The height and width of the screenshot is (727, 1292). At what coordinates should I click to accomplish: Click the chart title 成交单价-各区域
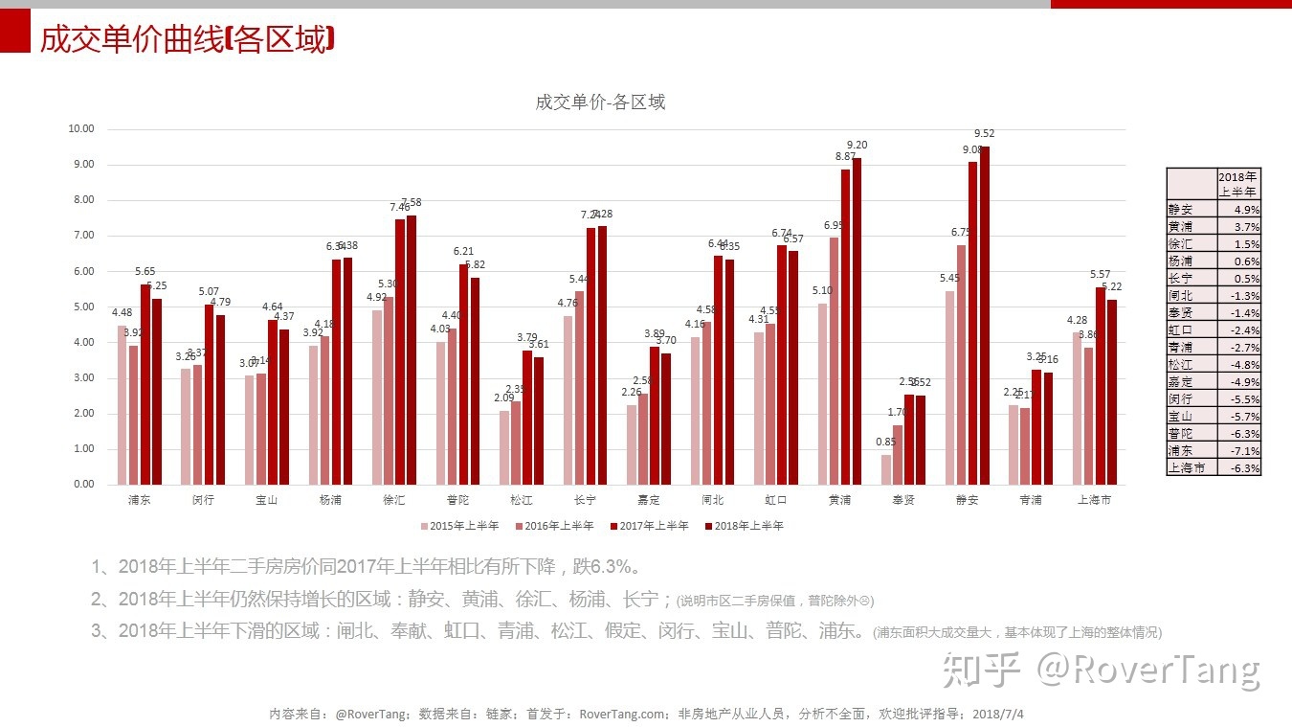(x=600, y=102)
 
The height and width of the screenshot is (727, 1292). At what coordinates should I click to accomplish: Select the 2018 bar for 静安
(x=984, y=316)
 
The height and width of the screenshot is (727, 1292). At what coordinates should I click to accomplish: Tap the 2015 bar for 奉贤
(x=886, y=469)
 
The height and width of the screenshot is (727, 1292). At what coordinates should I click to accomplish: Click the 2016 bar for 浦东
(x=134, y=415)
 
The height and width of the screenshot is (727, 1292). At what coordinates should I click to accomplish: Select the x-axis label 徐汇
(x=393, y=500)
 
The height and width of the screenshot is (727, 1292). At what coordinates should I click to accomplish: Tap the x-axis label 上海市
(x=1094, y=500)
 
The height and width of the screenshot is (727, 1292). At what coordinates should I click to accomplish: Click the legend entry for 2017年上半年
(x=654, y=526)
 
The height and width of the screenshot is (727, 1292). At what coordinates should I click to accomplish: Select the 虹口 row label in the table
(x=1181, y=329)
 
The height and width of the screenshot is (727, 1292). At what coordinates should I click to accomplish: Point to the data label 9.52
(x=985, y=134)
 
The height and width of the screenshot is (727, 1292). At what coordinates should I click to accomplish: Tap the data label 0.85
(x=886, y=442)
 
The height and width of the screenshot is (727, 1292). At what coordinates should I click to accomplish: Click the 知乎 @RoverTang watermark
(x=1101, y=670)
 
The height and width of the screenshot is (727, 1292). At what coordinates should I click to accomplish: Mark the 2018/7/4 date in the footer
(x=998, y=714)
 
